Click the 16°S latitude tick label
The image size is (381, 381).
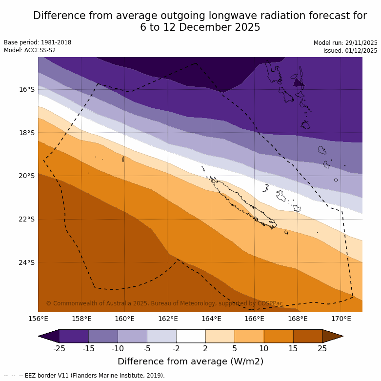(26, 89)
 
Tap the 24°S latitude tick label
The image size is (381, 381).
(26, 262)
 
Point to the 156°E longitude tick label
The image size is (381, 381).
(38, 319)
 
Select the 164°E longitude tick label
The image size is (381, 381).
(211, 319)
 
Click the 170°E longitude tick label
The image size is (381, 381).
(341, 319)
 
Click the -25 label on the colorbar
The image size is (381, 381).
(59, 348)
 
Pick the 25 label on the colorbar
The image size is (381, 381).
(322, 348)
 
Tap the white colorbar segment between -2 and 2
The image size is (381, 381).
(191, 336)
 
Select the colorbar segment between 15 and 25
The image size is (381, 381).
(308, 336)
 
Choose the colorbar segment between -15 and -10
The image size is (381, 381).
(103, 336)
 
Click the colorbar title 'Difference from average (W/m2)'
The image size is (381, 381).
(190, 361)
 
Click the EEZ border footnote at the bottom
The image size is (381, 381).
(84, 376)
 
